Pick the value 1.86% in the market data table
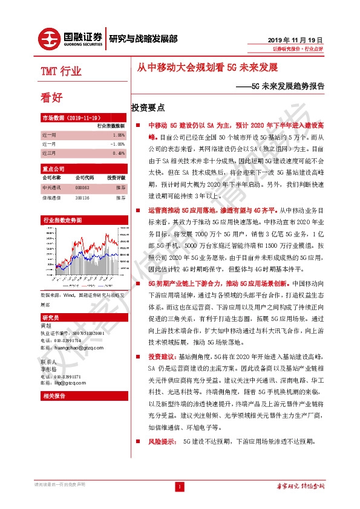click(x=119, y=135)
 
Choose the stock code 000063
click(x=83, y=188)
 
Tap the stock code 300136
click(x=83, y=198)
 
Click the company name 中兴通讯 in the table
click(x=50, y=188)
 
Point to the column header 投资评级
click(x=116, y=178)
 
